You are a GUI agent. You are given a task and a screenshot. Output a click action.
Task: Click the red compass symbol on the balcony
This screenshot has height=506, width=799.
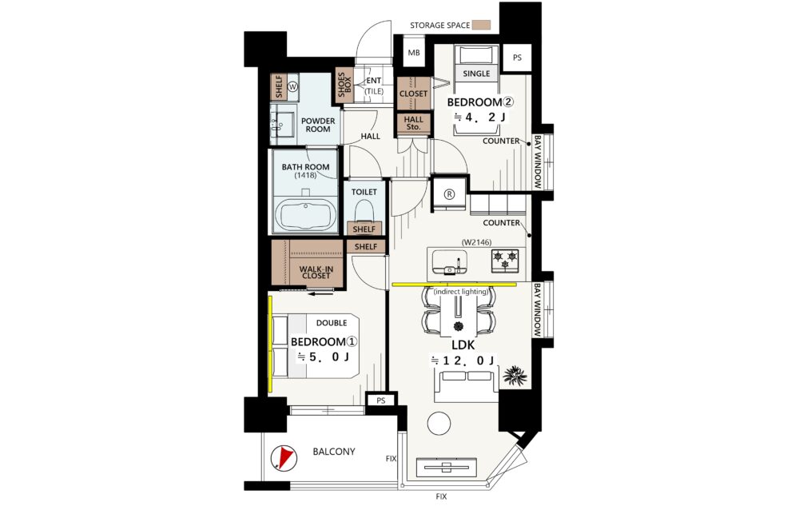(282, 456)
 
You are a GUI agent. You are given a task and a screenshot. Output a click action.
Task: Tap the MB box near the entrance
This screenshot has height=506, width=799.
(414, 54)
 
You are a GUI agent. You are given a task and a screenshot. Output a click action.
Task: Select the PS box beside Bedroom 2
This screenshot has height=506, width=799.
(517, 58)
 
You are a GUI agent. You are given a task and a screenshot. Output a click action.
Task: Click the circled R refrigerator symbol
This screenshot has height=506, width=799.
(449, 193)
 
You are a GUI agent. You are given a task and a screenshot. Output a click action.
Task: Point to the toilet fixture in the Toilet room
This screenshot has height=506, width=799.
(365, 210)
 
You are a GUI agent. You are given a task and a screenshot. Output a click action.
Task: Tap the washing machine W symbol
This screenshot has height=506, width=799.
(293, 86)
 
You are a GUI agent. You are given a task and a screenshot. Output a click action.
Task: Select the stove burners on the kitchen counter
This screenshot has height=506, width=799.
(505, 259)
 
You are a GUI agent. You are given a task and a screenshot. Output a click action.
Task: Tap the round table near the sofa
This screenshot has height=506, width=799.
(439, 423)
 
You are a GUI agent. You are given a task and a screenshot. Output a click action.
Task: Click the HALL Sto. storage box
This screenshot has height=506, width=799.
(413, 124)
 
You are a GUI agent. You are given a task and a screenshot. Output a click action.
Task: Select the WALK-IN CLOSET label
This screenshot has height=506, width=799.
(316, 273)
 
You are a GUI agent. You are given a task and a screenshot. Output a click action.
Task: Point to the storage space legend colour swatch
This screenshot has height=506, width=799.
(479, 26)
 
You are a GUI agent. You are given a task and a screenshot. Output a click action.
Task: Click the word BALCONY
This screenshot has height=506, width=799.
(333, 452)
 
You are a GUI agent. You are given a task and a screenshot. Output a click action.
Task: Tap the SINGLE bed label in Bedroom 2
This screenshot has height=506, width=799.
(476, 74)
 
